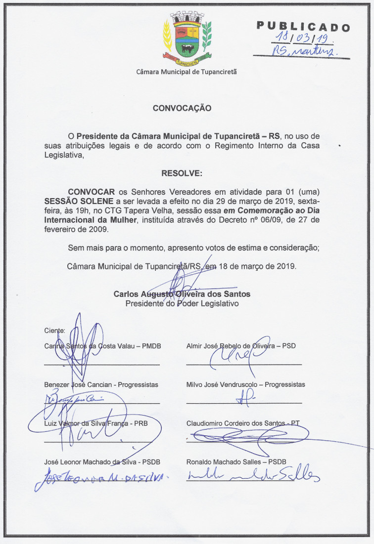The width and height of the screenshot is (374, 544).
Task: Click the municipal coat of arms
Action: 187,39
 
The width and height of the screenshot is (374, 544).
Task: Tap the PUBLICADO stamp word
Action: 303,27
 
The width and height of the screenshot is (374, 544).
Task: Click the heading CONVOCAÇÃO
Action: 182,108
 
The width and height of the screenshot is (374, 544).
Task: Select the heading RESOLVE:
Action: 182,173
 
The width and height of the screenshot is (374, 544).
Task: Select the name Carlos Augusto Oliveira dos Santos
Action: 182,294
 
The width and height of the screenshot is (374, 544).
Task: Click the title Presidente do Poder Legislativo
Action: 182,303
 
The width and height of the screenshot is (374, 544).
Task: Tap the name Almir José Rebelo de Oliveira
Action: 229,346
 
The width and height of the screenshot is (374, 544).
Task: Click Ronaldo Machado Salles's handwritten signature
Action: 253,475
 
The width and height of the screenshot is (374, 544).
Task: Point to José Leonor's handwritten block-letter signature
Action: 101,479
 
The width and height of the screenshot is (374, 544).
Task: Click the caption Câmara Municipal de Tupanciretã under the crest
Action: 187,72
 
